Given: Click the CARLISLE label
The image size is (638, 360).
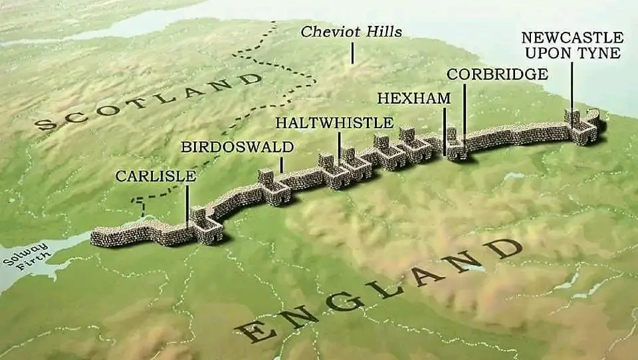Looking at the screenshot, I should click(x=156, y=176).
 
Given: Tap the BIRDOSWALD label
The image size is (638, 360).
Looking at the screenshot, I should click(x=237, y=147).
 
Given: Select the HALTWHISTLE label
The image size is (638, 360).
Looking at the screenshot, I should click(x=334, y=123).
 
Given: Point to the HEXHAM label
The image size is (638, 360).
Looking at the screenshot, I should click(x=413, y=98).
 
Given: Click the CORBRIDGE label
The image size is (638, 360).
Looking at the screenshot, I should click(x=497, y=74).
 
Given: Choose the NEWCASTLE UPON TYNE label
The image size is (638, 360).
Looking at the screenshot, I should click(x=572, y=45).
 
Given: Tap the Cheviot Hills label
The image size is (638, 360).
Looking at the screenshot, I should click(x=351, y=32).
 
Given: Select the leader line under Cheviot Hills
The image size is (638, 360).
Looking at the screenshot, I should click(x=352, y=52).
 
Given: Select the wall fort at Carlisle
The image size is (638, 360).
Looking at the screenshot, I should click(x=203, y=226).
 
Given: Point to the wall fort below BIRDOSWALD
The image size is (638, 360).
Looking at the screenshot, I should click(x=272, y=187).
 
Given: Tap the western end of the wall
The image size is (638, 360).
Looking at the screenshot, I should click(x=95, y=237).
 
